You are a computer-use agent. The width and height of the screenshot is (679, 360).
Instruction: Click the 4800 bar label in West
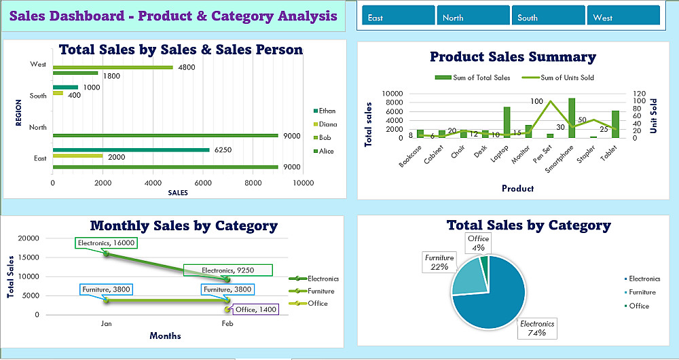[x=187, y=67]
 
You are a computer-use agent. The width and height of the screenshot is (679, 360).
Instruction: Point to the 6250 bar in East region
[x=131, y=150]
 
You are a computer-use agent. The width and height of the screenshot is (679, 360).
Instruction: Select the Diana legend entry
[x=327, y=124]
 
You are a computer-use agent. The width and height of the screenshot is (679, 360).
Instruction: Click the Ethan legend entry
[x=327, y=111]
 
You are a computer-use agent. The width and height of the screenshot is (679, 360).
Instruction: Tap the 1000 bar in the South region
[x=66, y=87]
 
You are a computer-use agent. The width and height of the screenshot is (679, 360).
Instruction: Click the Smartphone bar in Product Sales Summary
[x=572, y=118]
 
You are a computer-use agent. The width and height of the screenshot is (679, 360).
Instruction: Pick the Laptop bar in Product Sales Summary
[x=507, y=122]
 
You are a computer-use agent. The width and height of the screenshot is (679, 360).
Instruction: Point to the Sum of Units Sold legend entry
[x=560, y=77]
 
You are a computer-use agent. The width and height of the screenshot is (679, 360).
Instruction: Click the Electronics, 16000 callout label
[x=107, y=242]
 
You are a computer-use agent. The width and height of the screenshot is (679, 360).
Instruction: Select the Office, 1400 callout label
[x=256, y=309]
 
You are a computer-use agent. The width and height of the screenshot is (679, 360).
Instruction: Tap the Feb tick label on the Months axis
[x=227, y=324]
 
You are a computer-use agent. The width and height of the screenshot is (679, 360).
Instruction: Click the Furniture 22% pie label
[x=439, y=262]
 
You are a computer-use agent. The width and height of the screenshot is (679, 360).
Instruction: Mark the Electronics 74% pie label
[x=537, y=328]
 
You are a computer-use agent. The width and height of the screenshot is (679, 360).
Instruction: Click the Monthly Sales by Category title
[x=183, y=226]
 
